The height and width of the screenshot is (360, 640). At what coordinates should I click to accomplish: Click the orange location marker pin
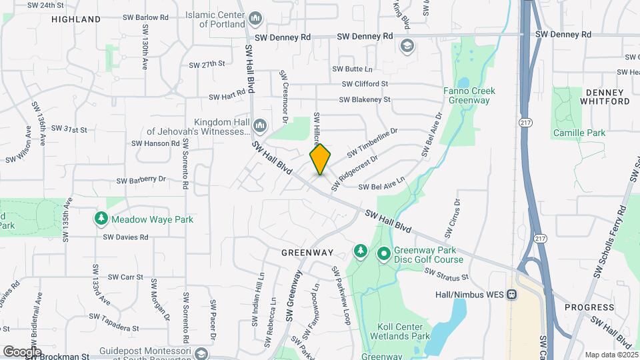point(320,159)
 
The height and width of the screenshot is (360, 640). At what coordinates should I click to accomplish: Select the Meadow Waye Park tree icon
point(101,218)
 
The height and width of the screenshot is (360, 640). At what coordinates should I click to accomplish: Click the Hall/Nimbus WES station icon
point(511,294)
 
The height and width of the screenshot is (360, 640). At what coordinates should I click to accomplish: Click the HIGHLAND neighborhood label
point(76,19)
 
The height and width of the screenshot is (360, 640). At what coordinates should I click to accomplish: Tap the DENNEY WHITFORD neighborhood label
point(605,97)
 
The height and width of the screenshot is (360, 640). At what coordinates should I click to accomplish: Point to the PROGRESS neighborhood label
point(589,307)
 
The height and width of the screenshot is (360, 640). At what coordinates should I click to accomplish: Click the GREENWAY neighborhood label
point(307,253)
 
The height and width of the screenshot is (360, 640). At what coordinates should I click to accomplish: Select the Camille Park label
point(579,133)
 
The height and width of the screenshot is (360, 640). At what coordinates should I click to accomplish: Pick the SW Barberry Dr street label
point(141,180)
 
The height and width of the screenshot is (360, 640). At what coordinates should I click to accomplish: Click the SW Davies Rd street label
point(125,237)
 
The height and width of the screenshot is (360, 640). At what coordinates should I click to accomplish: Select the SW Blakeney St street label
point(364,100)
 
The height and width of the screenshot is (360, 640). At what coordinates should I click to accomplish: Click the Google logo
point(22,351)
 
